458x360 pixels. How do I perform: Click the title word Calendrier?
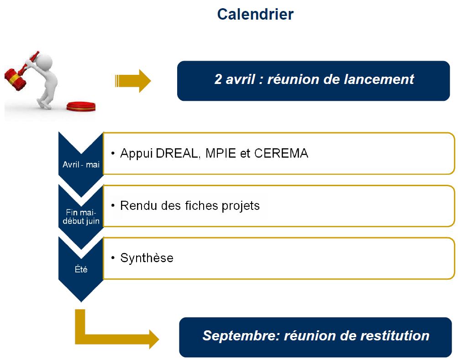255,14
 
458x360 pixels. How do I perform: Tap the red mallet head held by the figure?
15,79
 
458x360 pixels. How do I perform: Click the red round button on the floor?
81,107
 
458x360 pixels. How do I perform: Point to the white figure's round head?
44,62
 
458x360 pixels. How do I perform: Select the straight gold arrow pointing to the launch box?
133,81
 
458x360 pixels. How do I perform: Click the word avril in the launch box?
240,79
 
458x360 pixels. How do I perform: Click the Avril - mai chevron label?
81,165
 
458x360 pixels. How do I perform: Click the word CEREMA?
281,154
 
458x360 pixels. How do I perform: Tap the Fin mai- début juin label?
81,217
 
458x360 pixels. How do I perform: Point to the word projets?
241,206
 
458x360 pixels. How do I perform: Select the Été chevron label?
81,269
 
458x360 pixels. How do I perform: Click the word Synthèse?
147,258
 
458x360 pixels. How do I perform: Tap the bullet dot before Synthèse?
113,258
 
